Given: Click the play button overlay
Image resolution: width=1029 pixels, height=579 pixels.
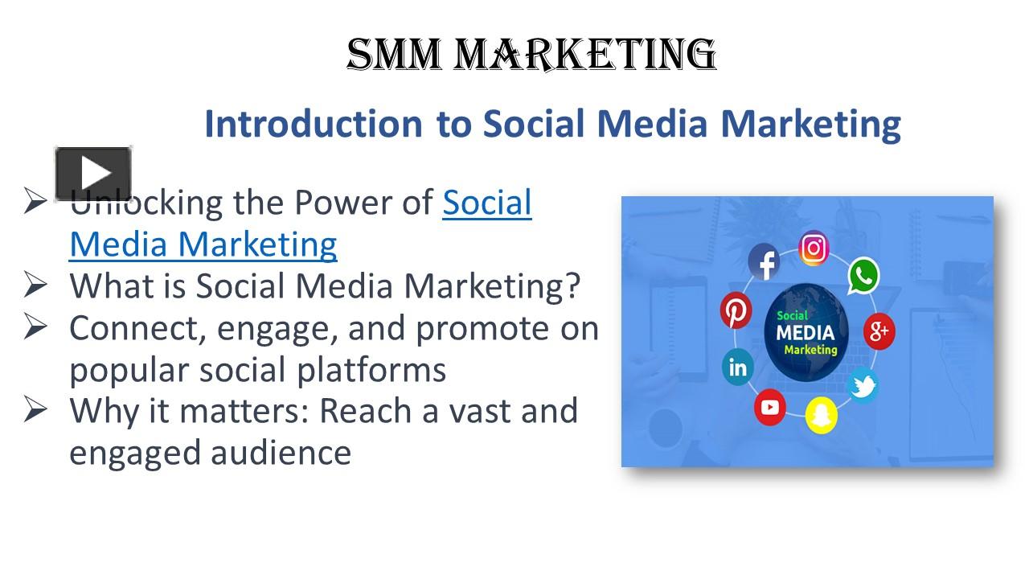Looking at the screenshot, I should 93,174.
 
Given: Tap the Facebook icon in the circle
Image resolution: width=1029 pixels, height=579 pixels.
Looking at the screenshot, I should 765,263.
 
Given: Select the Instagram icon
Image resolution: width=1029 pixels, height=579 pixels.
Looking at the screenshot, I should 814,248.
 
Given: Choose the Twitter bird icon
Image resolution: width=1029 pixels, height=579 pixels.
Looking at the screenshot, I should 863,385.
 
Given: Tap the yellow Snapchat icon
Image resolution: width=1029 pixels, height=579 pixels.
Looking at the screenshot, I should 821,415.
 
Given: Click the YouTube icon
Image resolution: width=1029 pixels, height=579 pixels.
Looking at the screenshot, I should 770,407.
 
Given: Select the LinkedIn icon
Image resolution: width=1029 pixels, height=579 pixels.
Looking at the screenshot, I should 737,368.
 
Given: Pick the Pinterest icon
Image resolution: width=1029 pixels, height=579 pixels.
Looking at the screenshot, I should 736,311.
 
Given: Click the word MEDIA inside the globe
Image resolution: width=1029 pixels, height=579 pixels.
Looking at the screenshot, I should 805,332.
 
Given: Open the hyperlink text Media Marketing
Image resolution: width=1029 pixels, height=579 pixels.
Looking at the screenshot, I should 203,244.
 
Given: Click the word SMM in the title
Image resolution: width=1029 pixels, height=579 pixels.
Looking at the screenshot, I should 394,55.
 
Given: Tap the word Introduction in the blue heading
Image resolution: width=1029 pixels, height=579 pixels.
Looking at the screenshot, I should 313,124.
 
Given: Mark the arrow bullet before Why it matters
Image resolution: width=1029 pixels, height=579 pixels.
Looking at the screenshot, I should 36,411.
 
